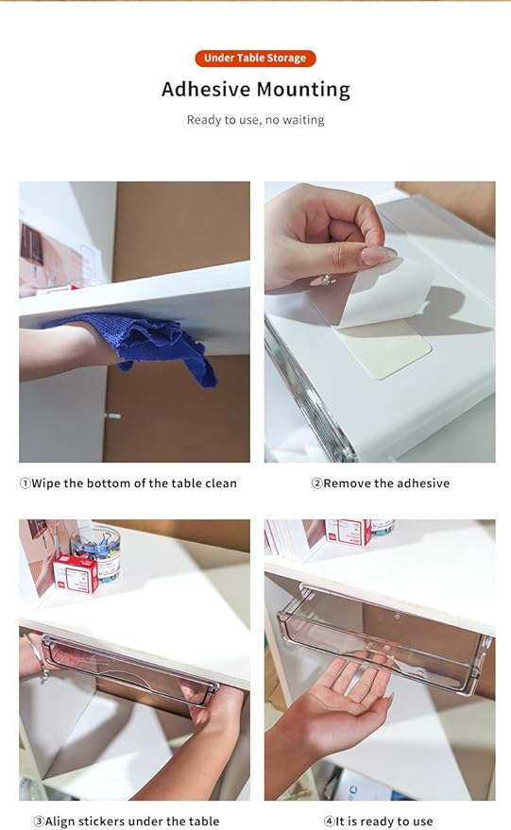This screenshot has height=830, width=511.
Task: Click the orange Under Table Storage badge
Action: tap(255, 59)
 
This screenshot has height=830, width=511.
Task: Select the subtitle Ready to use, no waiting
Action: tap(255, 120)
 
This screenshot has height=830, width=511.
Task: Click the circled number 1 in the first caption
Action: tap(25, 483)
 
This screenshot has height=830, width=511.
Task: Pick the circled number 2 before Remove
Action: tap(316, 483)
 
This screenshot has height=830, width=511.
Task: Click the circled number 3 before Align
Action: tap(39, 822)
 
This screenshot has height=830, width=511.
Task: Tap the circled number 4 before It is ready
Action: tap(330, 822)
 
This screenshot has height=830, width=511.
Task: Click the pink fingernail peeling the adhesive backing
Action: tap(378, 255)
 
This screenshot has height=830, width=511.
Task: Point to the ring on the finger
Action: tap(324, 279)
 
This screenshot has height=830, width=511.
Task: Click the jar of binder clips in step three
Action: tap(98, 551)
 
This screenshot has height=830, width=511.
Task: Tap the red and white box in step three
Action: tap(76, 573)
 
